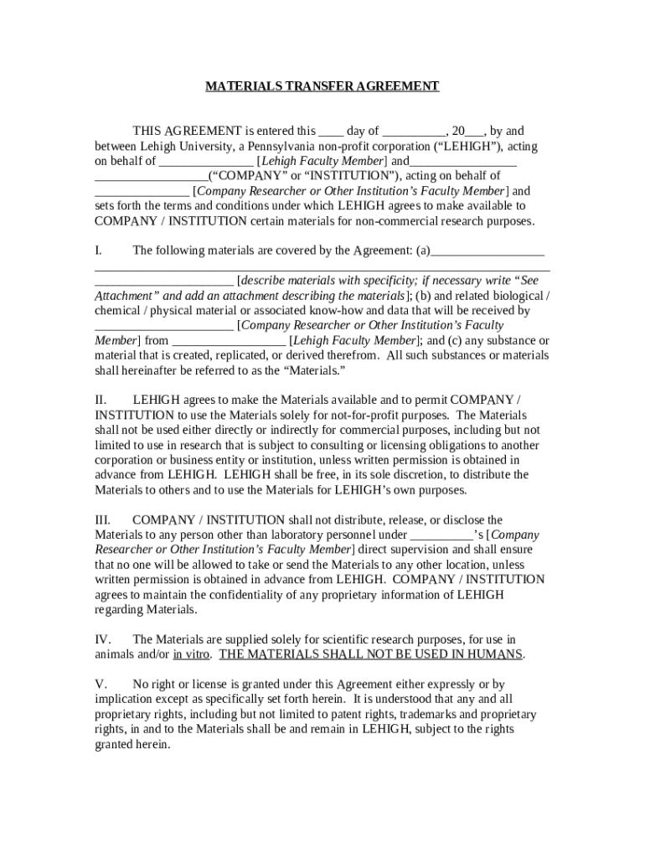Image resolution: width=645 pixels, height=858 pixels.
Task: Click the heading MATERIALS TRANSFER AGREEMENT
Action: [322, 86]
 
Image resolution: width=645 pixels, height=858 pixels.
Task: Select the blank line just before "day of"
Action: [331, 132]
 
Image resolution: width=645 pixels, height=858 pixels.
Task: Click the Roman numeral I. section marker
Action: [98, 251]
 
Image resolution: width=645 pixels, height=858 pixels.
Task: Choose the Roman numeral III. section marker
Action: [103, 520]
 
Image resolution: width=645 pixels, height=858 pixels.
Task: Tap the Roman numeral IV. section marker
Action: [102, 640]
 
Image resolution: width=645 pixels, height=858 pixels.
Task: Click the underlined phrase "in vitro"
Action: [192, 654]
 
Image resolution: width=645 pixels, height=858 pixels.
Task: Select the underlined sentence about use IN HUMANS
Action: [371, 654]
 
